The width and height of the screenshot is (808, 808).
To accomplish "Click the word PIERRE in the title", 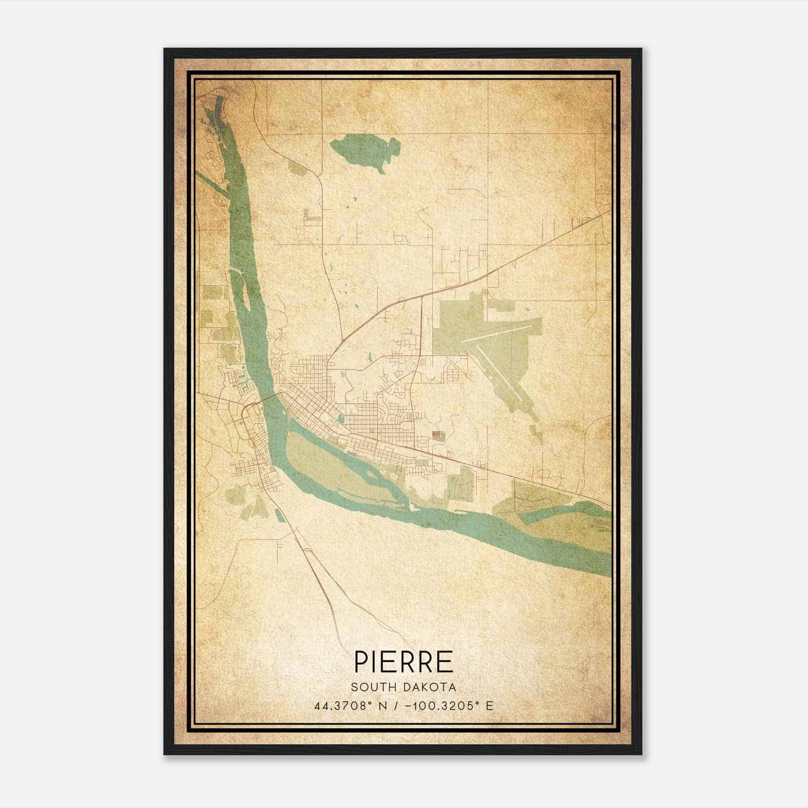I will point(403,662).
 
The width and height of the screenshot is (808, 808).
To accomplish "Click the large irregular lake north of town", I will point(366,149).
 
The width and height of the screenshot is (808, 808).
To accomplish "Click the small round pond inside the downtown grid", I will point(340,419).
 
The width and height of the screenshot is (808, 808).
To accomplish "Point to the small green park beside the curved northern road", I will point(297,168).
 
